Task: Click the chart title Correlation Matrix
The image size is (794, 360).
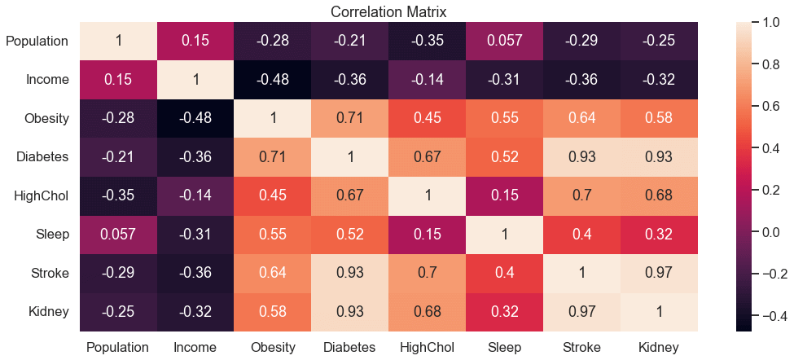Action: tap(388, 12)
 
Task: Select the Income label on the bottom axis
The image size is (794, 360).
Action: tap(195, 348)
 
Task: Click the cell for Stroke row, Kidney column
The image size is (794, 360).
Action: tap(659, 274)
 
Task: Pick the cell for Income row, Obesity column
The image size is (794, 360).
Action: tap(273, 80)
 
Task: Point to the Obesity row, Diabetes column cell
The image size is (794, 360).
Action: tap(350, 118)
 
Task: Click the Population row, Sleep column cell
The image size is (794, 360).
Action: tap(504, 41)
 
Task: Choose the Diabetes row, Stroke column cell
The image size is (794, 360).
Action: tap(581, 157)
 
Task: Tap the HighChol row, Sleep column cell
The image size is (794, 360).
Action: tap(504, 196)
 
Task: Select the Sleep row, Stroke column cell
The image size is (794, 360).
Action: tap(581, 235)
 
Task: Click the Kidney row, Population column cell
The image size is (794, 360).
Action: tap(118, 313)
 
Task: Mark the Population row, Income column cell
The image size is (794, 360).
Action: tap(195, 41)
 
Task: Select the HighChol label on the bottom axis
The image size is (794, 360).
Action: tap(427, 348)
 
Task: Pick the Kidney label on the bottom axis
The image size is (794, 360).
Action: tap(659, 348)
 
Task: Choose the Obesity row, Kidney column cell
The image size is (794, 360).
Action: tap(659, 118)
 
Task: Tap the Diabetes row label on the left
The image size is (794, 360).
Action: tap(42, 157)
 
